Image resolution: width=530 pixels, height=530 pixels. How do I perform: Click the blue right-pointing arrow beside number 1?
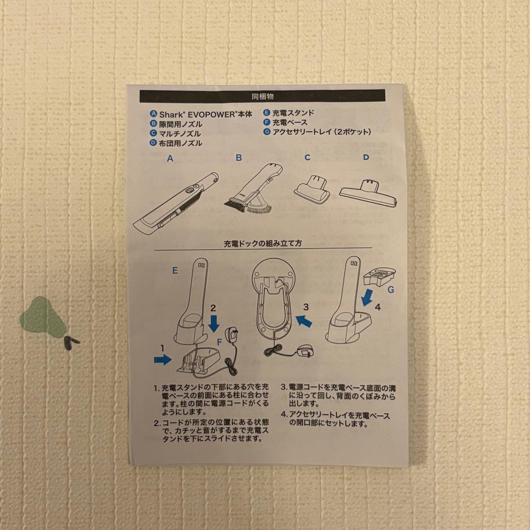(162, 360)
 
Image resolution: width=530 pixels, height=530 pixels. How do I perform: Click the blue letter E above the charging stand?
(176, 270)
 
